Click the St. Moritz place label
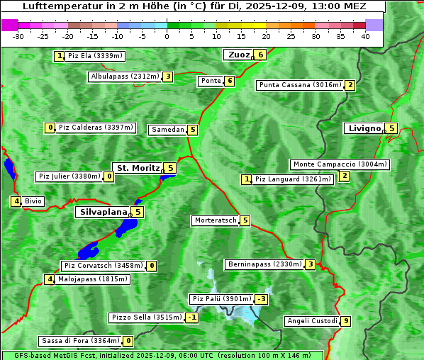click(137, 168)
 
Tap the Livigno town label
click(364, 128)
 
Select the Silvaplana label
click(103, 211)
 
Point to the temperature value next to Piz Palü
click(262, 299)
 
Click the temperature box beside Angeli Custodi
click(345, 321)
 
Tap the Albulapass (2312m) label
click(125, 77)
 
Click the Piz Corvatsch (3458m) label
click(102, 266)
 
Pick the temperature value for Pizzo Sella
click(192, 317)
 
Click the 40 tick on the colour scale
click(365, 36)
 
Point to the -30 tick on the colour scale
click(18, 36)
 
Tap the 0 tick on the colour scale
click(167, 36)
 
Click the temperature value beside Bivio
click(16, 201)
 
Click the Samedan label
click(167, 130)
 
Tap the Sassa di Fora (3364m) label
click(79, 341)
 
